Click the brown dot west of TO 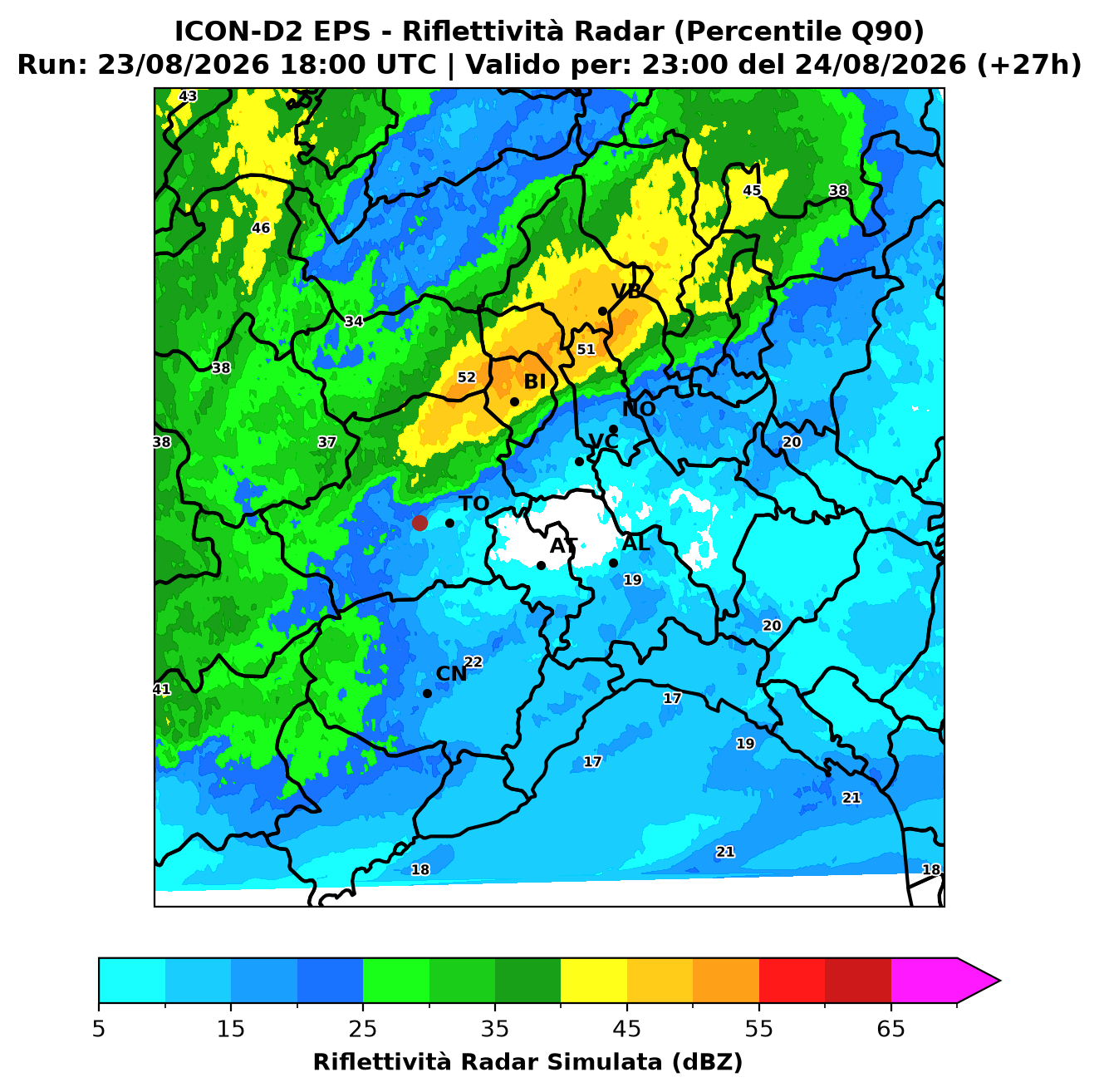pos(419,523)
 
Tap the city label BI pos(534,382)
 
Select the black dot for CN pos(427,694)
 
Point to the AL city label pos(636,544)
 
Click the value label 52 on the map pos(467,377)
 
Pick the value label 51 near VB pos(586,349)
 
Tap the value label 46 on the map pos(261,229)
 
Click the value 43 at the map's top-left pos(188,96)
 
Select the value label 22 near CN pos(473,662)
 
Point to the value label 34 pos(354,322)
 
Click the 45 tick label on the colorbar pos(627,1029)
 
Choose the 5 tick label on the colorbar pos(99,1029)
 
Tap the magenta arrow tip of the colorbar pos(998,981)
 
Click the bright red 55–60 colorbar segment pos(792,981)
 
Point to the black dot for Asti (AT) pos(542,566)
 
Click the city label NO pos(639,409)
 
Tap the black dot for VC pos(579,461)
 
